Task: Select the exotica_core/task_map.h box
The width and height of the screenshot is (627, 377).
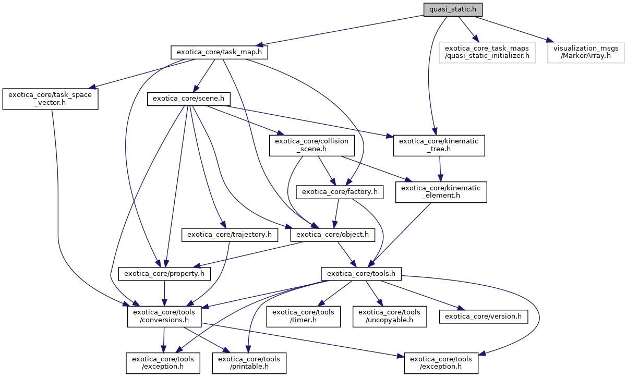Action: (220, 52)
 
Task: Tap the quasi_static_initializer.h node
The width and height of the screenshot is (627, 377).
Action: (487, 52)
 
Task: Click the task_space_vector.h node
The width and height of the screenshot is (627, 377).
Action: (50, 99)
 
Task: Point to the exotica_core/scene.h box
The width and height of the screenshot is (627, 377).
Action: (189, 99)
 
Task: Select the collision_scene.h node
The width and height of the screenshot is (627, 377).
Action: (312, 145)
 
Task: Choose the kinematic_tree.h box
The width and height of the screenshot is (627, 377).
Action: (439, 145)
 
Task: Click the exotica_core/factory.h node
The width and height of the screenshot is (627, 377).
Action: (340, 192)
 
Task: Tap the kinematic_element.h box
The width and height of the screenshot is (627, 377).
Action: (441, 192)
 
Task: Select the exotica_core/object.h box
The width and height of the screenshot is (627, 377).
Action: (333, 235)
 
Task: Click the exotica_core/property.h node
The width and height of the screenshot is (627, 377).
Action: (165, 273)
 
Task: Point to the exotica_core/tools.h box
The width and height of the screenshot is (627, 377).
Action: (360, 273)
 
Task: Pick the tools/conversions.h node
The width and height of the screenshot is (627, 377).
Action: (165, 316)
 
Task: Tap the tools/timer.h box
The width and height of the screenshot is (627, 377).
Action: (303, 316)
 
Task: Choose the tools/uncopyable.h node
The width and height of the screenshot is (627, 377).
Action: (390, 316)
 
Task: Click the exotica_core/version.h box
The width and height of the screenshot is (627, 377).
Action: (483, 316)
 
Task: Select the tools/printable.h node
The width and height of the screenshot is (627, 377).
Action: (249, 363)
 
